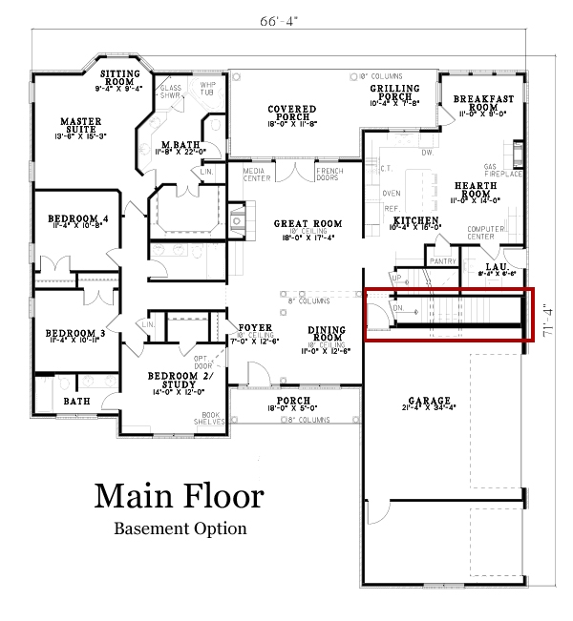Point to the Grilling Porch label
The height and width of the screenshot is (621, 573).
tap(394, 93)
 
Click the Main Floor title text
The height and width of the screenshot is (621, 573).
tap(179, 496)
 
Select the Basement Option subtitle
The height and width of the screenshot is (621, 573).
tap(180, 528)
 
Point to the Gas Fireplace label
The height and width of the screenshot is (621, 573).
tap(503, 170)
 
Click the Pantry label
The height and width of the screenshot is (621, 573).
tap(442, 259)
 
